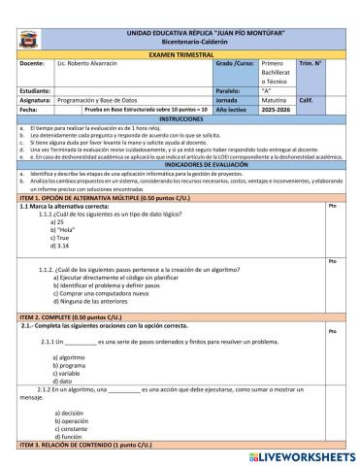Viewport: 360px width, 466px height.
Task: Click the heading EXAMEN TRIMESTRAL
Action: pyautogui.click(x=180, y=55)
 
